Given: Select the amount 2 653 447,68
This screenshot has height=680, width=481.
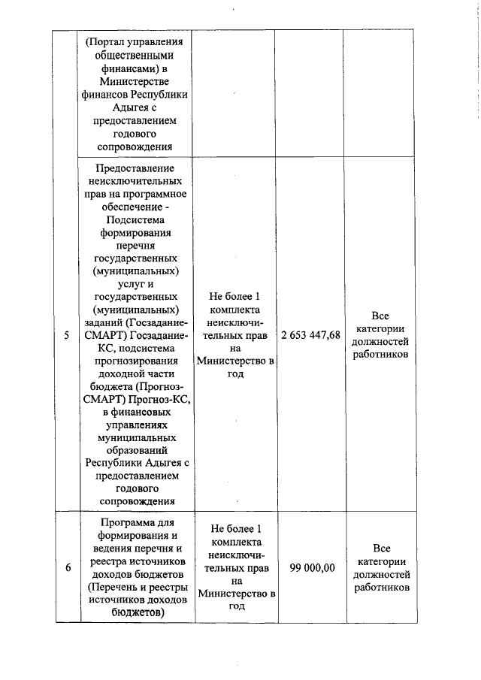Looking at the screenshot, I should click(310, 335).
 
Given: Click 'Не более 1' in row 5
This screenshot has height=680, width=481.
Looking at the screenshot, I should click(236, 297).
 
